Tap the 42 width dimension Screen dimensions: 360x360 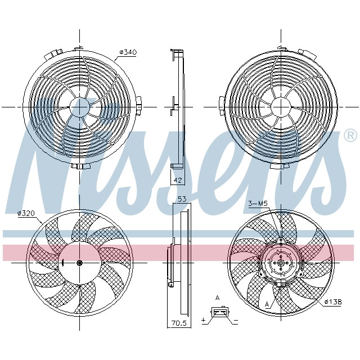tap(177, 180)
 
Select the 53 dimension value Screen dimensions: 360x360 tap(182, 200)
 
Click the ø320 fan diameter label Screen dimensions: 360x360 tap(27, 213)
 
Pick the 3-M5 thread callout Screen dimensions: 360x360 tap(258, 204)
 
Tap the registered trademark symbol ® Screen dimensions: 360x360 tap(349, 136)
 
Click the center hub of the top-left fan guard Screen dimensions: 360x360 tap(79, 106)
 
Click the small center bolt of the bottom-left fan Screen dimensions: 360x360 tap(79, 263)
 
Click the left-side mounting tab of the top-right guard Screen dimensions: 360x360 tap(220, 105)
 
